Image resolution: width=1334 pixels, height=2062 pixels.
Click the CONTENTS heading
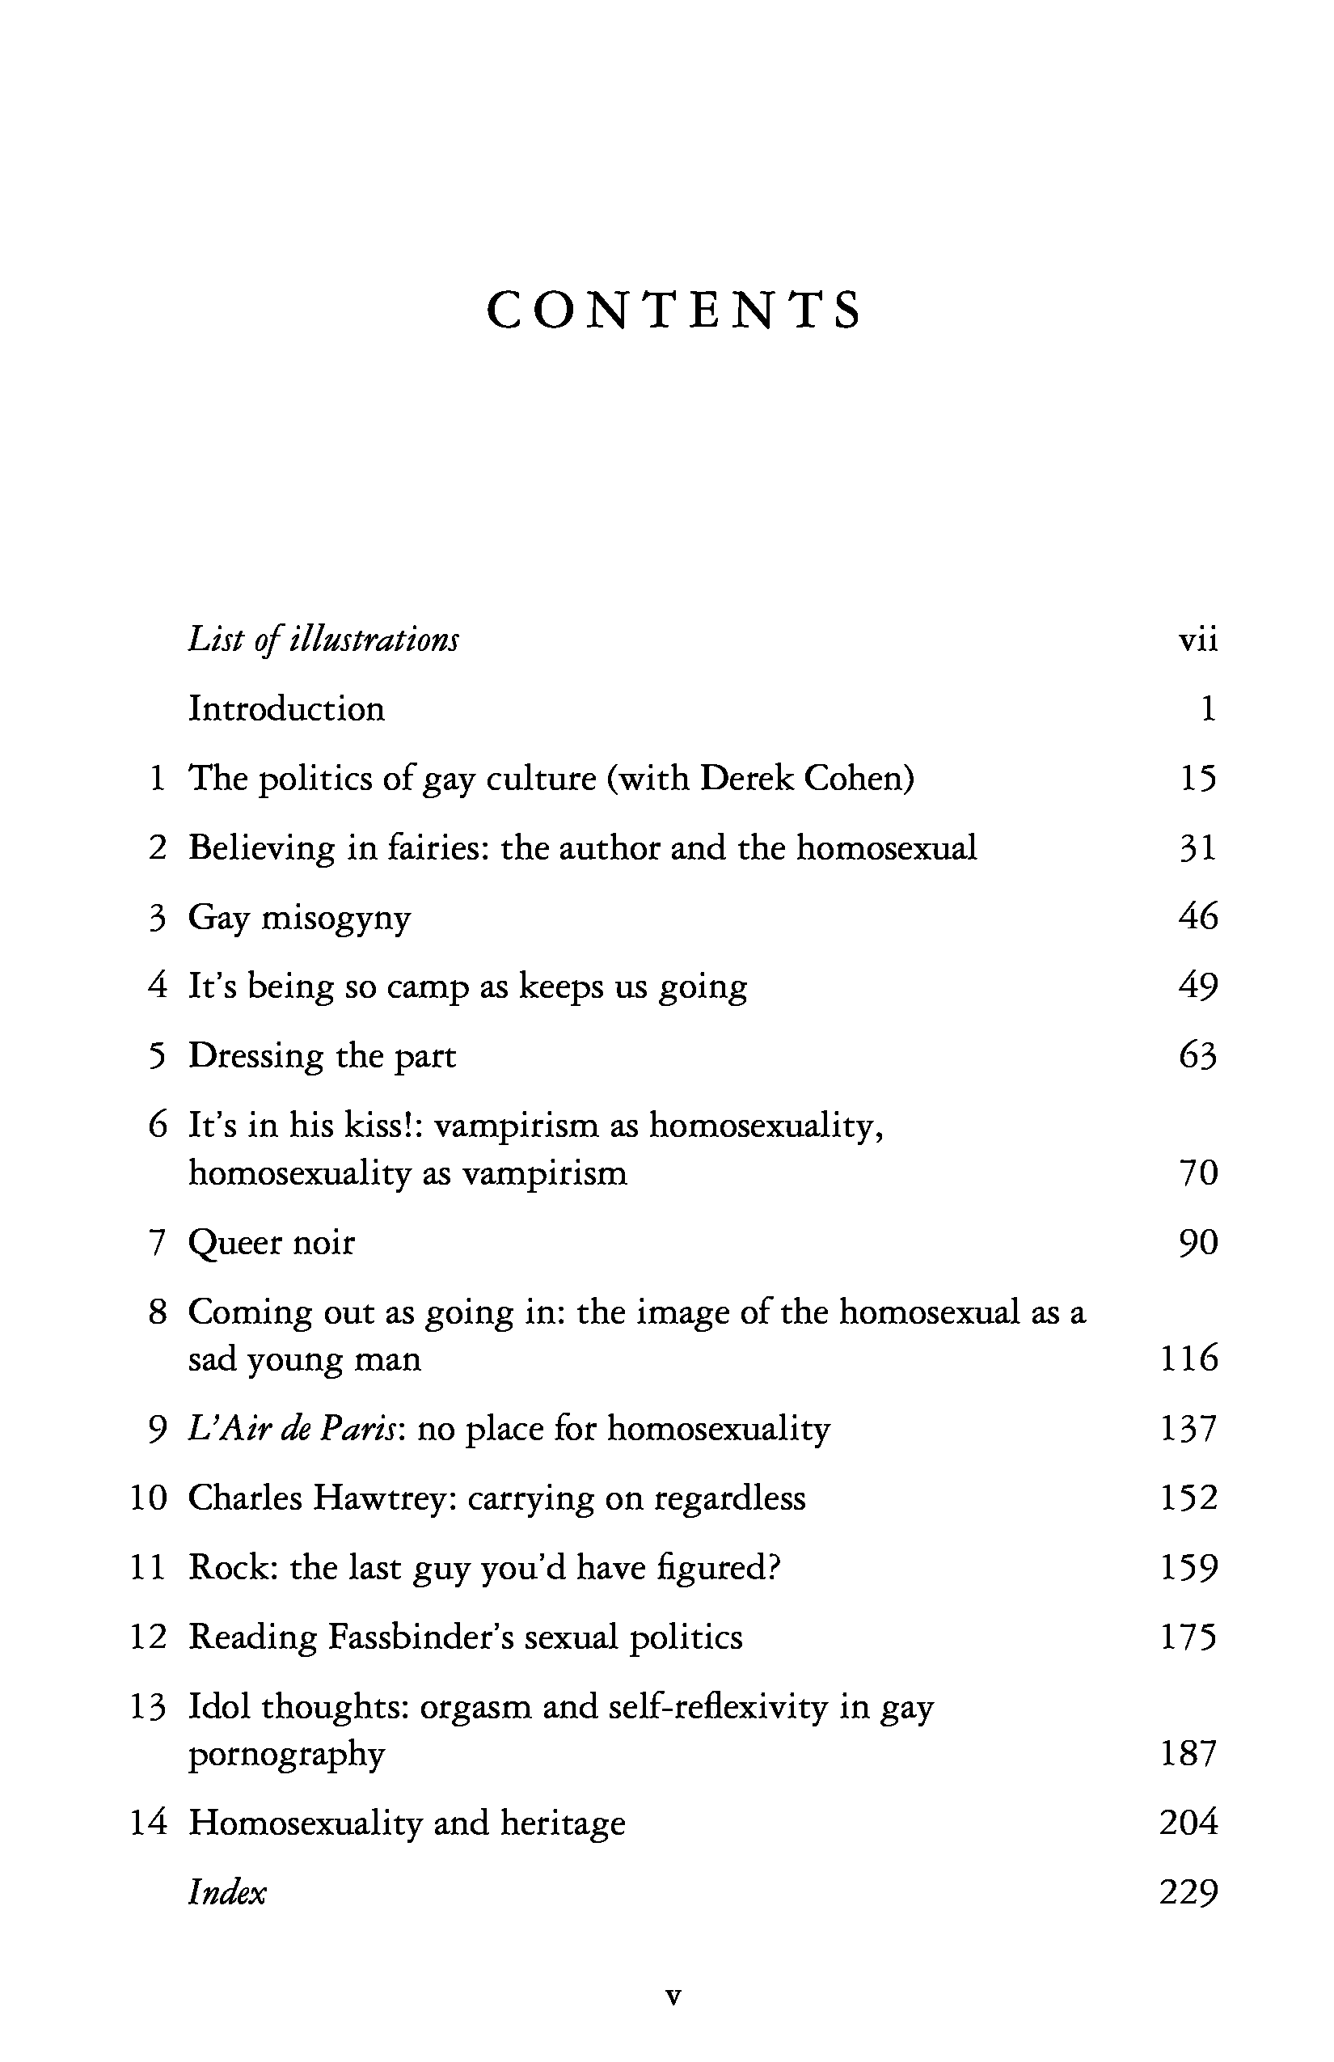(674, 311)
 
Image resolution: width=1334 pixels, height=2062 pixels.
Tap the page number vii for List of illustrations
(1198, 640)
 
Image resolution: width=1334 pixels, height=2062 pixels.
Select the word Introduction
(287, 708)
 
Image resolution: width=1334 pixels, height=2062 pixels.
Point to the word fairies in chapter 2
(437, 847)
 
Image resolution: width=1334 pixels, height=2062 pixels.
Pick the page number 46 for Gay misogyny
(1198, 917)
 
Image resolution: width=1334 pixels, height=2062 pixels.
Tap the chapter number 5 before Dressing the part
(157, 1056)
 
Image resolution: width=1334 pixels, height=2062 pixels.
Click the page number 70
(1199, 1173)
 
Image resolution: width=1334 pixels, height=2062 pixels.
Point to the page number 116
(1188, 1358)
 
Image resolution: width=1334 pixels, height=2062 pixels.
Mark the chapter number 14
(147, 1823)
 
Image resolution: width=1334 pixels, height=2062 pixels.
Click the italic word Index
(227, 1893)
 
